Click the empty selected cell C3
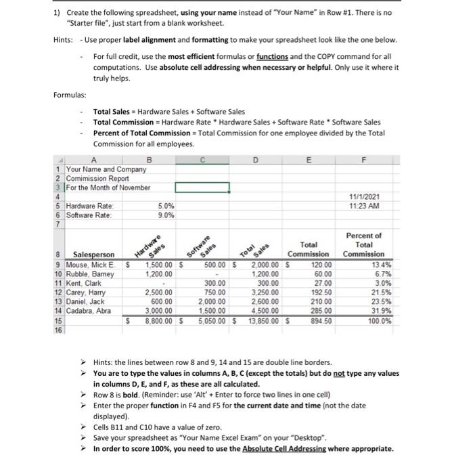[203, 186]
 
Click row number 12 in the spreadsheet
[58, 294]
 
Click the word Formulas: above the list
[70, 94]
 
